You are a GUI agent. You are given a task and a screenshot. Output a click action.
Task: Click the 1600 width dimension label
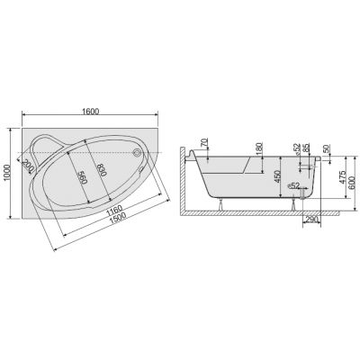pos(90,112)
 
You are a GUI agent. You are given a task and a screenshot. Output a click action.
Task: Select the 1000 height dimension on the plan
pos(8,173)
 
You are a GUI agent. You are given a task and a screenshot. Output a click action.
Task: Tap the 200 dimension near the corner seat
pos(28,166)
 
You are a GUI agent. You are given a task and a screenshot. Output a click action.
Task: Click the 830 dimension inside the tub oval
pos(102,170)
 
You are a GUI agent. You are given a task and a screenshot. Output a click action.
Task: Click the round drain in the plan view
pos(138,152)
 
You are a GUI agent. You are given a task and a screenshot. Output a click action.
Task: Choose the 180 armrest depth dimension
pos(260,148)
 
